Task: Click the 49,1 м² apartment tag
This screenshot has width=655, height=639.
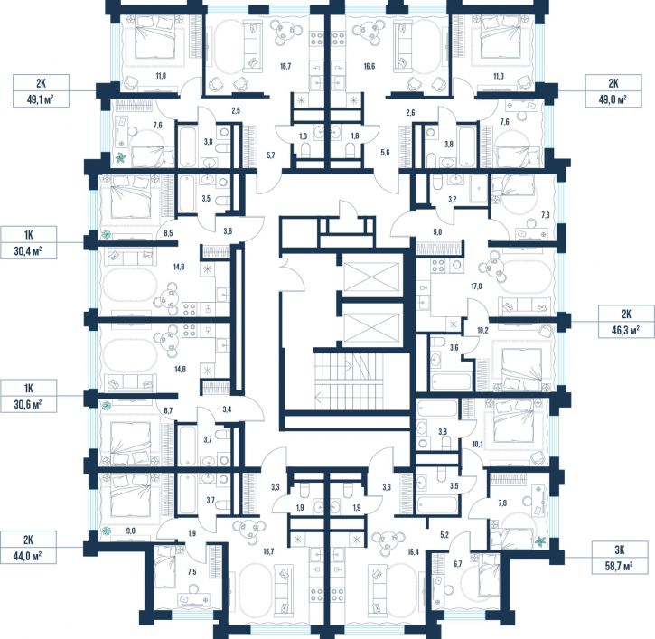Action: coord(41,91)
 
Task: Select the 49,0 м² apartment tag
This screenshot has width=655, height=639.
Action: coord(613,91)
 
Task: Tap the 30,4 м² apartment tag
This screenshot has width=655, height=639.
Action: coord(28,243)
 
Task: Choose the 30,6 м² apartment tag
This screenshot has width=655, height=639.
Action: coord(28,396)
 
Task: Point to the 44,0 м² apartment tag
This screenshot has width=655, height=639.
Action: coord(28,548)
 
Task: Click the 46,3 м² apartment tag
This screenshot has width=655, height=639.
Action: coord(626,322)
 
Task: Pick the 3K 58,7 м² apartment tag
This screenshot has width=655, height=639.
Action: coord(620,558)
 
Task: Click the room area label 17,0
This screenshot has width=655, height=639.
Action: coord(476,287)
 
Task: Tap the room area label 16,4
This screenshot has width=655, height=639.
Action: coord(413,552)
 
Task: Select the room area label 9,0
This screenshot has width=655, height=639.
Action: coord(130,531)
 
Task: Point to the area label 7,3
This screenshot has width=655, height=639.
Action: coord(546,215)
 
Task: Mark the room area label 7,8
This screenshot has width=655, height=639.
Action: coord(502,503)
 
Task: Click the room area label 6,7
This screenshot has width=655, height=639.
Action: coord(457,564)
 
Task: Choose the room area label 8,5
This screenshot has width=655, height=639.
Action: coord(168,233)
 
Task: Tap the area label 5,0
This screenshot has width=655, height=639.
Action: coord(437,232)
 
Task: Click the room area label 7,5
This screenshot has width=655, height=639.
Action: coord(192,572)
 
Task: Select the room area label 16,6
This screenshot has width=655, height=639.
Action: coord(369,66)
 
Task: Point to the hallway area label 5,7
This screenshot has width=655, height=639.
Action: coord(271,155)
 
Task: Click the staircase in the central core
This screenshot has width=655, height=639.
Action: coord(349,381)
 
